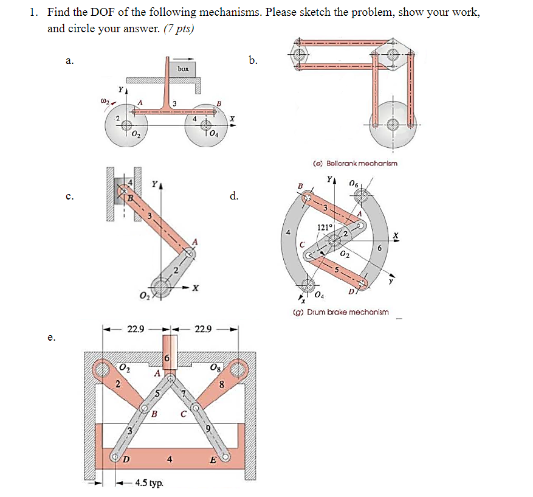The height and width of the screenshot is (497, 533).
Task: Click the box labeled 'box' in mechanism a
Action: (x=184, y=69)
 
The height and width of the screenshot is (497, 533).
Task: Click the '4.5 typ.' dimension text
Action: (x=148, y=483)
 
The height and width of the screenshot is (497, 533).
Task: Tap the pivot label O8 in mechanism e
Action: (x=215, y=367)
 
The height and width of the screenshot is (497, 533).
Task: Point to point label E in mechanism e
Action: (x=213, y=460)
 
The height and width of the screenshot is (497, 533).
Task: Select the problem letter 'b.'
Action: (x=253, y=60)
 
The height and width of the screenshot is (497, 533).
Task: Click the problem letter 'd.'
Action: (x=235, y=196)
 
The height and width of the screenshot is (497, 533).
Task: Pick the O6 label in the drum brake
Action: (x=354, y=184)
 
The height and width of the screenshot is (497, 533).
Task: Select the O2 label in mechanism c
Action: (x=145, y=296)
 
